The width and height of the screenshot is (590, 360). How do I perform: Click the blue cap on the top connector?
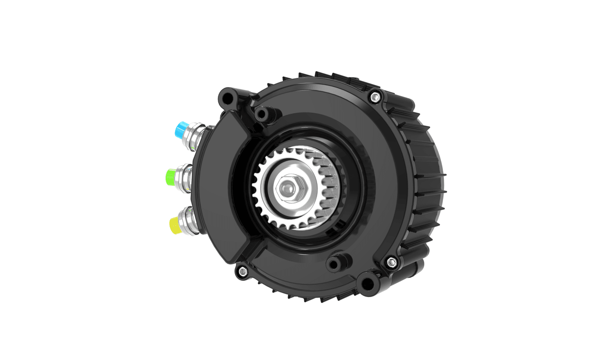coord(177,130)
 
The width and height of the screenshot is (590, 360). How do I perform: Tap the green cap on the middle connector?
coord(171,175)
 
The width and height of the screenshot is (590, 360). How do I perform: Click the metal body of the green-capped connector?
coord(185,174)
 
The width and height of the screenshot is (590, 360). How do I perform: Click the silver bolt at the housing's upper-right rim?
coord(375,96)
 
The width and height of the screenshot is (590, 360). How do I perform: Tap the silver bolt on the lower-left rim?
coord(241,270)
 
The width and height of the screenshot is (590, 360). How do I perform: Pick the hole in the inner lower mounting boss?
coord(335,265)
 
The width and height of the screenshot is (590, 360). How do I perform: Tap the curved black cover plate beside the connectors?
coord(216,187)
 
